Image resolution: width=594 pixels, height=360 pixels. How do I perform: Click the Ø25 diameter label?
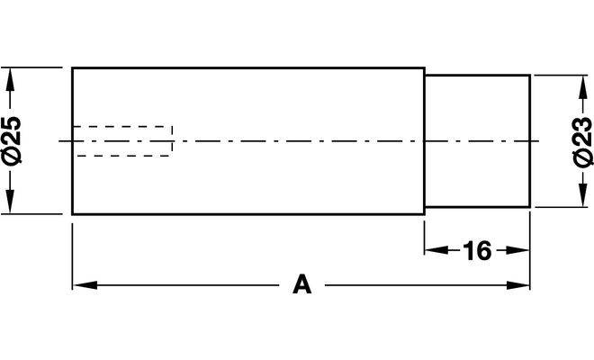12,140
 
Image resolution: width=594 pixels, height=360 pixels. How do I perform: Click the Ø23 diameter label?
582,141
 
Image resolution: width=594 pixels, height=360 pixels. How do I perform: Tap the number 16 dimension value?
477,250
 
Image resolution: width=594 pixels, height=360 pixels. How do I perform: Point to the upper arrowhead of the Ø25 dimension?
10,79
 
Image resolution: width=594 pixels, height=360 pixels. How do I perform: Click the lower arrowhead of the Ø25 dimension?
10,202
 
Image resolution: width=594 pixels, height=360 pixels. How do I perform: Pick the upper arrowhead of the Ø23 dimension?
582,87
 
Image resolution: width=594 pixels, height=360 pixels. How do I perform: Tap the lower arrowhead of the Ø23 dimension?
582,195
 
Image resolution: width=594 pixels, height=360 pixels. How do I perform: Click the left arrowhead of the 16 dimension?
436,250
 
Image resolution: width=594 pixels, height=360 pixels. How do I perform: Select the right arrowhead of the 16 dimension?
517,250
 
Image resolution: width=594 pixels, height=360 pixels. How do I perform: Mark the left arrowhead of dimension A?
85,285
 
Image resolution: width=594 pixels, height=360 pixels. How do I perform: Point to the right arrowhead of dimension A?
517,285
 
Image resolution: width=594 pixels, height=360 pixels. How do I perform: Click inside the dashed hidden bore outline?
122,141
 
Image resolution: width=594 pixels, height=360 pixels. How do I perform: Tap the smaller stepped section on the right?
477,141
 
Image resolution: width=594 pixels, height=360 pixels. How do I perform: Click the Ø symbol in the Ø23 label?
582,157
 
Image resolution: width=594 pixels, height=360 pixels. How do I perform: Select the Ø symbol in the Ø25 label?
12,157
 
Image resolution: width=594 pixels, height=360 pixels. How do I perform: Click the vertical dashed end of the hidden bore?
173,141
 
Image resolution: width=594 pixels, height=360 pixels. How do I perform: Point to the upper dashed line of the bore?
122,126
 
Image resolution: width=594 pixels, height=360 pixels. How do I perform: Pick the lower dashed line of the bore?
122,156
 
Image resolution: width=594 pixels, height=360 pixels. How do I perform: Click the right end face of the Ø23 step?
529,141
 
